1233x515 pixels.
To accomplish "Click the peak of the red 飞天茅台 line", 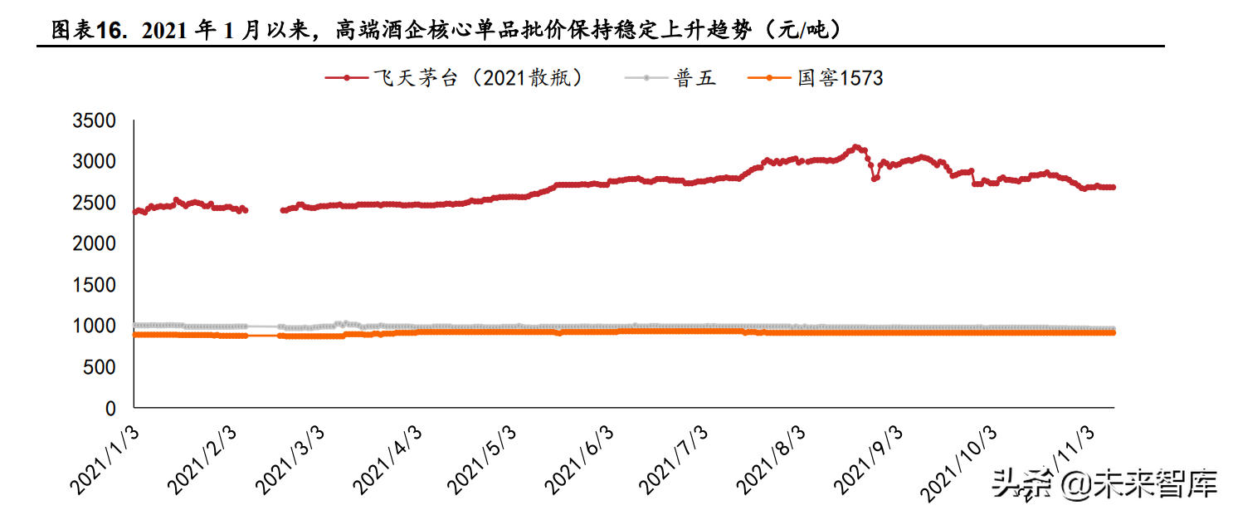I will point(856,147).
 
